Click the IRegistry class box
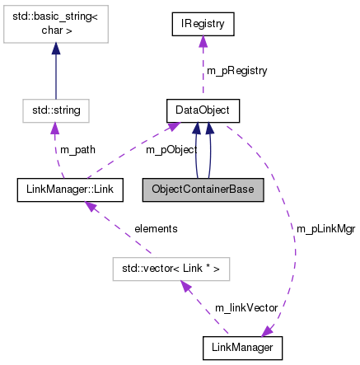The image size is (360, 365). tap(203, 24)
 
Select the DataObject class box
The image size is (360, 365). tap(203, 109)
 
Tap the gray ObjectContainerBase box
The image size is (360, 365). tap(203, 190)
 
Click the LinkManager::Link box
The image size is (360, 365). tap(71, 190)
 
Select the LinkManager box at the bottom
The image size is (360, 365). tap(242, 349)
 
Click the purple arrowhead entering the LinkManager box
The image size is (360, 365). tap(265, 332)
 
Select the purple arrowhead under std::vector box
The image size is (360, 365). tap(185, 286)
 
